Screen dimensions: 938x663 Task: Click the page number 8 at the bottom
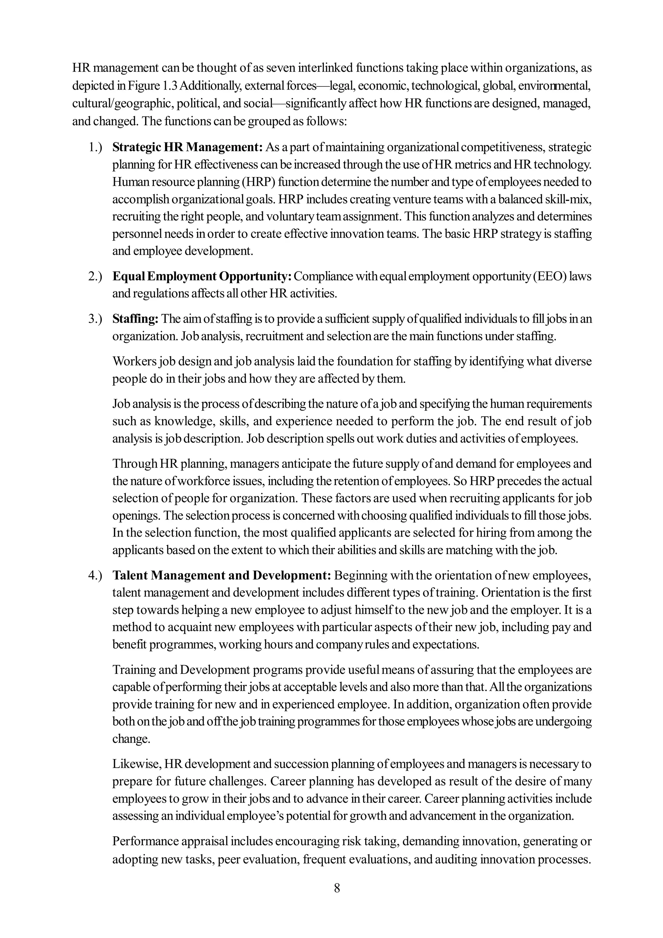click(x=337, y=888)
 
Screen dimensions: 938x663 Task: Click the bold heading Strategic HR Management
click(x=187, y=147)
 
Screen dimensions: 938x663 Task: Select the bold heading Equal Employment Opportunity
click(x=202, y=277)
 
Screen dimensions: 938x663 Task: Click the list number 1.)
click(x=95, y=147)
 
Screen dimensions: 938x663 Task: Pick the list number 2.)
click(x=95, y=277)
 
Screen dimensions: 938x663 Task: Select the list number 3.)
click(x=95, y=319)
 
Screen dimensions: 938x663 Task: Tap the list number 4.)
click(x=95, y=575)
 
